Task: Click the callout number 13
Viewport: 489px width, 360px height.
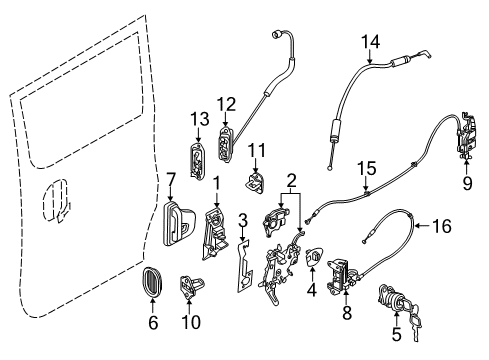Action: point(197,119)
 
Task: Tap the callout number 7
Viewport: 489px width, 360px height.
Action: point(171,180)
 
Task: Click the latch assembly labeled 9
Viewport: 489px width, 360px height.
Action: point(466,135)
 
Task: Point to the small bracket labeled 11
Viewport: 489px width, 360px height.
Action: point(257,184)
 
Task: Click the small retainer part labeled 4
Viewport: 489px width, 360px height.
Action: point(313,261)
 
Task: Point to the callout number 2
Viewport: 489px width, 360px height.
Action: point(293,182)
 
